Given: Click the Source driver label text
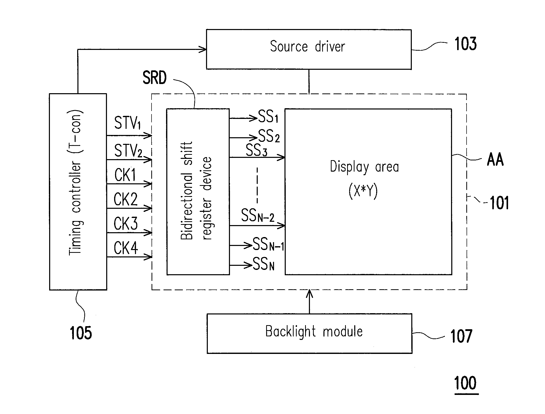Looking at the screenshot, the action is (307, 47).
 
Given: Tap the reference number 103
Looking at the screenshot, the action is (465, 44).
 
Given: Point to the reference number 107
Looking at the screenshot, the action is (461, 336).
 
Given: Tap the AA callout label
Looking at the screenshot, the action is (495, 160).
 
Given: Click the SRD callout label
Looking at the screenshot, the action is (155, 78).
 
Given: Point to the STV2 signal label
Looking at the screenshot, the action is (128, 151).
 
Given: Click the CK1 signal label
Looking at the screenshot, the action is (125, 175).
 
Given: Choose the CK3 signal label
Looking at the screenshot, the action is (126, 224).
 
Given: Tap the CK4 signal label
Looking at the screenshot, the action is (126, 248).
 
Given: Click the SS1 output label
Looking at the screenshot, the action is (268, 116).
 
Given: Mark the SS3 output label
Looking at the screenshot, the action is (256, 150).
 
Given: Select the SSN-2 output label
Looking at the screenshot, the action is (258, 215).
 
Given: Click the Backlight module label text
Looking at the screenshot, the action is (314, 332).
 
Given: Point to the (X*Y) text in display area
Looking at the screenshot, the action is (363, 191).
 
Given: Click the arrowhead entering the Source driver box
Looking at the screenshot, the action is (203, 49).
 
